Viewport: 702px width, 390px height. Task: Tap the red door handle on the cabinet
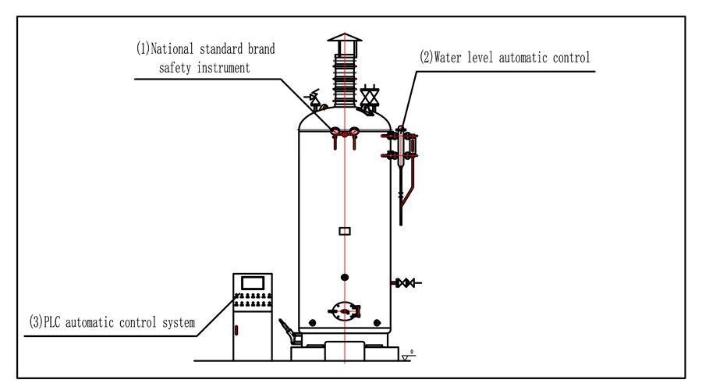click(235, 331)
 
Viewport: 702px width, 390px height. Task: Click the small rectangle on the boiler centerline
click(344, 230)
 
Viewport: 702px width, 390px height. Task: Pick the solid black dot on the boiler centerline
click(344, 276)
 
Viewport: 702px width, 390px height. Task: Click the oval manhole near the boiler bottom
click(344, 310)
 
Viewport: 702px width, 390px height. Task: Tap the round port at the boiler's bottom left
click(312, 321)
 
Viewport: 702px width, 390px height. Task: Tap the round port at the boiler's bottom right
click(378, 321)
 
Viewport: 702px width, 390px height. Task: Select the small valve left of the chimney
click(314, 99)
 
